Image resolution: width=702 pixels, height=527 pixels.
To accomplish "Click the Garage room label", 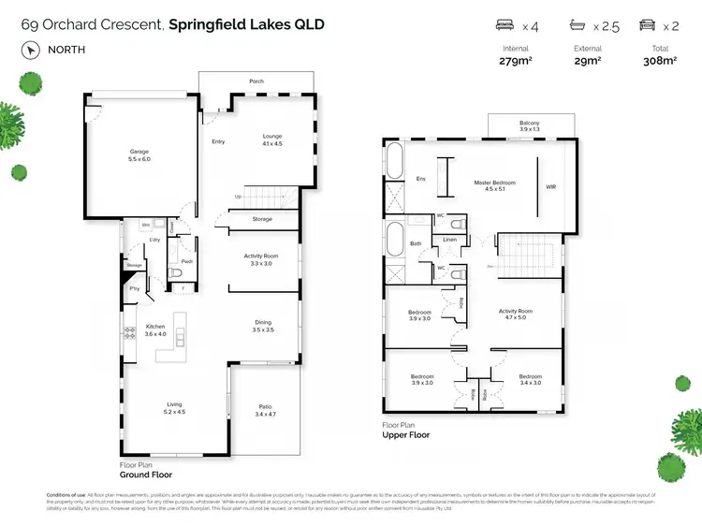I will tap(139, 155).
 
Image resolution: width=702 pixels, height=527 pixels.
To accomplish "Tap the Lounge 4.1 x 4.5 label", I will tap(271, 140).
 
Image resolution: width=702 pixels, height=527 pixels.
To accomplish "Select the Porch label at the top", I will tap(256, 81).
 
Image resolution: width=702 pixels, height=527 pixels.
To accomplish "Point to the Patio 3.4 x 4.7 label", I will tap(266, 409).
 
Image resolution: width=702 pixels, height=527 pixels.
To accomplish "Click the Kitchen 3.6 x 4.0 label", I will tap(154, 330).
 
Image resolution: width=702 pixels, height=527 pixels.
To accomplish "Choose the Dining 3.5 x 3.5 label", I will tap(263, 326).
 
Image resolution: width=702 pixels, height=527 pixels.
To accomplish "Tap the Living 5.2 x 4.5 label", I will tap(175, 407).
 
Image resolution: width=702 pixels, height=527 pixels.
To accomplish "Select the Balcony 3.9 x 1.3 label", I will tap(529, 125).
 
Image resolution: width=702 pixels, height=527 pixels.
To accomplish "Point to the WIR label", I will tap(550, 187).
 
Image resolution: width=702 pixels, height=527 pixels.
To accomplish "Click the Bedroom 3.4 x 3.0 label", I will tap(530, 379).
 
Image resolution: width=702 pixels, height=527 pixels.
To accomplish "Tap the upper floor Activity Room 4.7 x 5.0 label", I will tap(515, 315).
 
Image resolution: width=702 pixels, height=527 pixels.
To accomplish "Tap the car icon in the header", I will tap(646, 25).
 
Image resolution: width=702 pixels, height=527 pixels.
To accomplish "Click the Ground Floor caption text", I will tap(143, 473).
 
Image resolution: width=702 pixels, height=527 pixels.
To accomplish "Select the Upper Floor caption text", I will tap(404, 435).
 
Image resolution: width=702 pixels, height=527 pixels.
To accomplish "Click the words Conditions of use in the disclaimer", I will tap(66, 494).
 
